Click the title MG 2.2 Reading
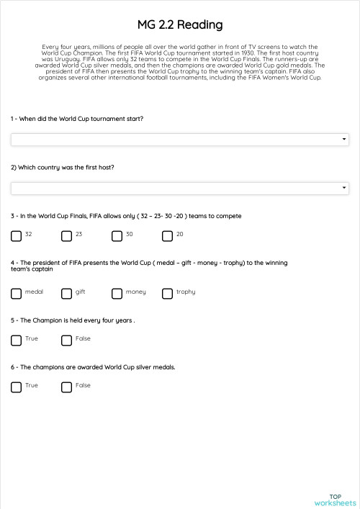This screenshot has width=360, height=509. tap(180, 25)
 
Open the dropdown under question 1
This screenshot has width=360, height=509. tap(180, 140)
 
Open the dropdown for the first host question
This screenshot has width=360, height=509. tap(180, 188)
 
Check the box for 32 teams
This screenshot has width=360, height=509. tap(17, 235)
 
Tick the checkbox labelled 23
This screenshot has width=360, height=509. tap(67, 235)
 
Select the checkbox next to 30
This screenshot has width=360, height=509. tap(117, 235)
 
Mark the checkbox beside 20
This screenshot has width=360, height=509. tap(168, 235)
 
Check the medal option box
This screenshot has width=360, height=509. tap(17, 293)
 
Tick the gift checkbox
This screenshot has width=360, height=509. tap(67, 293)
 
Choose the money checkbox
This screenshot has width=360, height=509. tap(117, 293)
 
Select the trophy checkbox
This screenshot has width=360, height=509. tap(168, 293)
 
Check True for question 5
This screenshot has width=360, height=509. tap(17, 340)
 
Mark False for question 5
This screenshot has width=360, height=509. tap(67, 340)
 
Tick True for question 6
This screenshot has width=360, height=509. tap(17, 387)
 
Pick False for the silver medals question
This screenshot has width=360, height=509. tap(67, 387)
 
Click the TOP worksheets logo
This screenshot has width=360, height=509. tap(335, 500)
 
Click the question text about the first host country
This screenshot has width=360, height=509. tap(63, 167)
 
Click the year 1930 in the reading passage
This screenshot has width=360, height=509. tap(248, 53)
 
